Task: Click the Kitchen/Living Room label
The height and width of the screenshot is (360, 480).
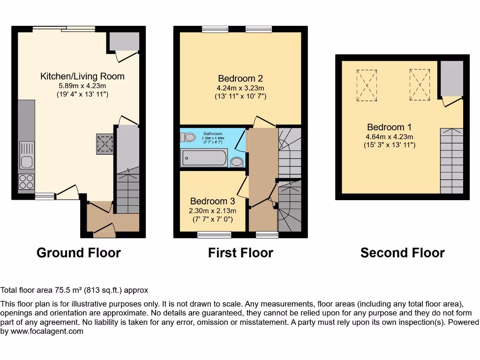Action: (x=82, y=76)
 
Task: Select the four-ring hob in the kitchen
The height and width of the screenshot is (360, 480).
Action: (x=26, y=182)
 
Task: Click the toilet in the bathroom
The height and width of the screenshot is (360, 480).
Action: (x=189, y=137)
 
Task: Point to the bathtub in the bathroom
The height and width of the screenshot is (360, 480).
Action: (x=204, y=158)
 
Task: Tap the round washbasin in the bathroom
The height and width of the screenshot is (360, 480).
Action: (x=237, y=162)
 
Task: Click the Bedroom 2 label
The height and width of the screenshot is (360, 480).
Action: (x=240, y=79)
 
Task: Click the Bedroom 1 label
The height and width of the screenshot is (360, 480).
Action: (x=386, y=127)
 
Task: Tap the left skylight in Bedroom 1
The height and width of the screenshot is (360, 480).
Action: (x=367, y=85)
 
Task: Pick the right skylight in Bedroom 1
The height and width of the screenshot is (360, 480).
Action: (x=419, y=84)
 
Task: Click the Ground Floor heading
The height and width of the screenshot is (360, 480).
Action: (x=79, y=253)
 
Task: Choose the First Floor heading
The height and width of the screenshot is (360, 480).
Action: (x=240, y=253)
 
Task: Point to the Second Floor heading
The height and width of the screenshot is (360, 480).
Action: (x=402, y=253)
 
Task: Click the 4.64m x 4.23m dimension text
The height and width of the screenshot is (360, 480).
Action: (x=390, y=137)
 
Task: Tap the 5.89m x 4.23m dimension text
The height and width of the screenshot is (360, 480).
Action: (x=82, y=86)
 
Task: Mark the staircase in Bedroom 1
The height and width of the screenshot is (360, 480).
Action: (x=451, y=161)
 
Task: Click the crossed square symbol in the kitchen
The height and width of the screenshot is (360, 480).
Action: (x=105, y=144)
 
